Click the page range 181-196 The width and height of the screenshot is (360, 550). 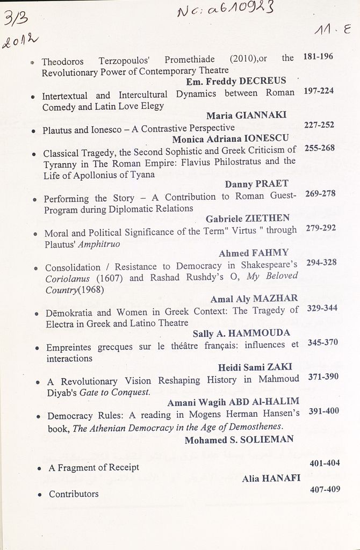click(x=318, y=56)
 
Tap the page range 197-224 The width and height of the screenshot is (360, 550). click(x=319, y=91)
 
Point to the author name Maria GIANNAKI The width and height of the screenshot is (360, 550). click(x=246, y=115)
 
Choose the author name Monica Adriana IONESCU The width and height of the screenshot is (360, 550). click(x=230, y=139)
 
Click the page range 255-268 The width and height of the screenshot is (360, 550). click(x=319, y=148)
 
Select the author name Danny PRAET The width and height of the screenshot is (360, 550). click(x=256, y=184)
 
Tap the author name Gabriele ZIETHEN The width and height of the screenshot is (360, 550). click(x=247, y=219)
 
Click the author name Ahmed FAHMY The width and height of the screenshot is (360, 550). click(x=254, y=253)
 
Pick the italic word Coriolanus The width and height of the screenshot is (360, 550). click(x=67, y=279)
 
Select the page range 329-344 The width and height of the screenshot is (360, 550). click(x=322, y=309)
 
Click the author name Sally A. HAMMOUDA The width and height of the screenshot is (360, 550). click(x=241, y=333)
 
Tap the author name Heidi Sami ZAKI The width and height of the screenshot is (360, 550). click(x=255, y=367)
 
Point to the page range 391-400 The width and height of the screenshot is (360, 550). click(x=323, y=411)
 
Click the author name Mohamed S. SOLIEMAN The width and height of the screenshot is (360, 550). click(x=239, y=440)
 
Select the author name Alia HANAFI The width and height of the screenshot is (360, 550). click(x=271, y=479)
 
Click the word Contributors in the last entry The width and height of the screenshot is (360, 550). click(x=74, y=494)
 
